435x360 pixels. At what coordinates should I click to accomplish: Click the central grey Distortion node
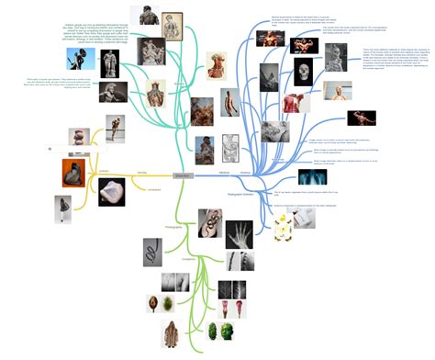(184, 174)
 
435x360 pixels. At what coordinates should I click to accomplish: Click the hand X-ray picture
(239, 233)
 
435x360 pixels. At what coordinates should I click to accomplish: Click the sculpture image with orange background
(73, 173)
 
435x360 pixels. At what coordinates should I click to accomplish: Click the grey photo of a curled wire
(152, 251)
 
